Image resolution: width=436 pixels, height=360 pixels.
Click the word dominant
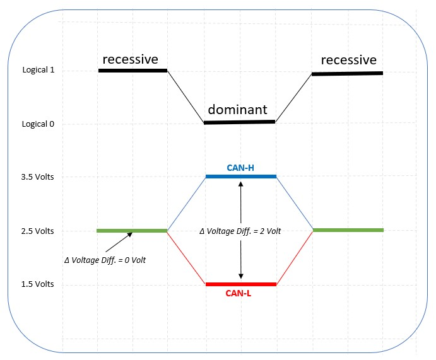coord(237,108)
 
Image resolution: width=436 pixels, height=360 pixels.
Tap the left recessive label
coord(130,59)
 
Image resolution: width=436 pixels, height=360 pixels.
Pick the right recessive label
coord(348,61)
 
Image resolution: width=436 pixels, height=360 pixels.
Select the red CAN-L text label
coord(240,293)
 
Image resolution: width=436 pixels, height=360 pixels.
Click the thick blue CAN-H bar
coord(240,177)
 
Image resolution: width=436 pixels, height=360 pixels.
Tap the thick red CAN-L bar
coord(240,284)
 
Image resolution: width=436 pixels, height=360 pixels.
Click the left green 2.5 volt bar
coord(131,231)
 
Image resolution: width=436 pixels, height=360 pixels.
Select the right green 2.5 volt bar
coord(348,230)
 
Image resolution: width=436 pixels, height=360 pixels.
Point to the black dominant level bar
coord(240,122)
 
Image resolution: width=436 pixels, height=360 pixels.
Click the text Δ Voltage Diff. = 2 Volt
coord(240,231)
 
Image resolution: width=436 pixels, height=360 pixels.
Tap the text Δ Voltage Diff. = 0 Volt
coord(105,260)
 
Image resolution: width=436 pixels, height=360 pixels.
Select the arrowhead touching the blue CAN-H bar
coord(240,183)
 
